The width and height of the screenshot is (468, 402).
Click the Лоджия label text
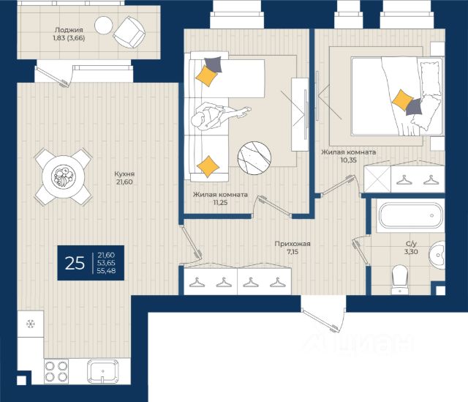coord(69,30)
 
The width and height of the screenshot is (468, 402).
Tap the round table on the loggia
coord(103,25)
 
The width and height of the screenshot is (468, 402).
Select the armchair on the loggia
coord(129,32)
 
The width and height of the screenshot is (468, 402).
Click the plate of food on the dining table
coord(63,177)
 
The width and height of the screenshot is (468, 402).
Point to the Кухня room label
coord(124,174)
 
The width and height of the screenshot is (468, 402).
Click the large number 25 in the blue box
coord(75,264)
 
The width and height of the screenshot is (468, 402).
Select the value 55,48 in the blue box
coord(106,271)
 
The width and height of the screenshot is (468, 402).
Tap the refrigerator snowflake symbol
coord(31,324)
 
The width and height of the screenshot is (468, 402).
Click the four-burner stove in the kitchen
coord(56,371)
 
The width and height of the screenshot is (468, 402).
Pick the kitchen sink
coord(102,371)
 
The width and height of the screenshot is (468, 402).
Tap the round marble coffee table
coord(254,158)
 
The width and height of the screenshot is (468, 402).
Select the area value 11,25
coord(220,203)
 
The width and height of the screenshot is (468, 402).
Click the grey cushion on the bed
coord(414,107)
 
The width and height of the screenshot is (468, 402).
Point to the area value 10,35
coord(349,160)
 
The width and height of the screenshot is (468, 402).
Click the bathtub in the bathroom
coord(410,216)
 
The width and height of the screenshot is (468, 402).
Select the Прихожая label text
coord(292,244)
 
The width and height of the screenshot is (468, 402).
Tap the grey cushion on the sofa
coord(213,64)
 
